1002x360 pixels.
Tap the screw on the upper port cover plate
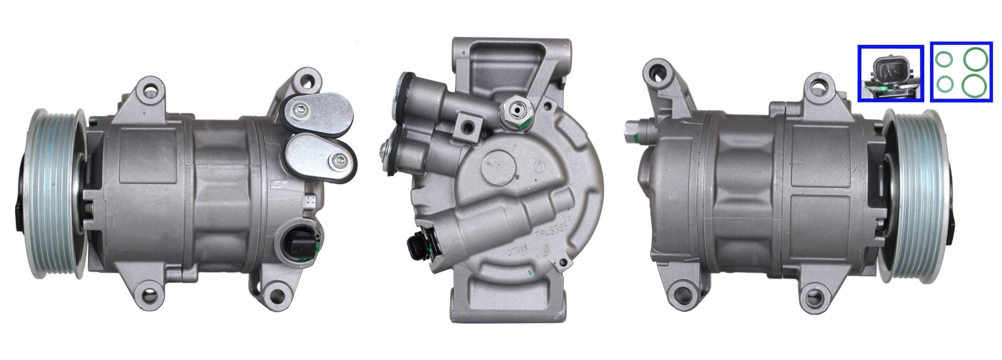click(x=301, y=109)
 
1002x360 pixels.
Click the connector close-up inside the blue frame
click(x=891, y=74)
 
